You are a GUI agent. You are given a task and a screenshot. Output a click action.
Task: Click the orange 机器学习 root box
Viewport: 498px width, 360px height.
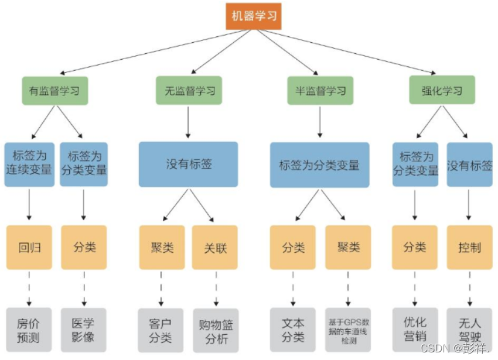pyautogui.click(x=254, y=16)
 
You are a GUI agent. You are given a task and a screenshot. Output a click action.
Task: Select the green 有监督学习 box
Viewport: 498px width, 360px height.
pyautogui.click(x=55, y=91)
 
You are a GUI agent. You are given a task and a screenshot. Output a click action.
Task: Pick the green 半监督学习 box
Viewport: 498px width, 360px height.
pyautogui.click(x=320, y=91)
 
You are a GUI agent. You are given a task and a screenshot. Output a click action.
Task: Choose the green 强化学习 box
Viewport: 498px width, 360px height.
pyautogui.click(x=442, y=91)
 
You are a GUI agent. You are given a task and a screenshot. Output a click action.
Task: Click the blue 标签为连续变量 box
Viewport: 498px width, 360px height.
pyautogui.click(x=29, y=164)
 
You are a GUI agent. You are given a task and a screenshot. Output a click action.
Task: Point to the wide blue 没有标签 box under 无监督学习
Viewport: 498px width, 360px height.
pyautogui.click(x=188, y=164)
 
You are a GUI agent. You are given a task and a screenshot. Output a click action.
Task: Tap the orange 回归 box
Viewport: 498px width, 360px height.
pyautogui.click(x=29, y=247)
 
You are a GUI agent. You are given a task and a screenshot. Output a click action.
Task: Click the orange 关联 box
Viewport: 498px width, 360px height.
pyautogui.click(x=215, y=247)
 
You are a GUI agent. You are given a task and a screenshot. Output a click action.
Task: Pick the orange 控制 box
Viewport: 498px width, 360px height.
pyautogui.click(x=469, y=247)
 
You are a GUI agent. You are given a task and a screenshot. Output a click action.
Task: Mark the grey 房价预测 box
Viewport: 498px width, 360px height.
pyautogui.click(x=29, y=330)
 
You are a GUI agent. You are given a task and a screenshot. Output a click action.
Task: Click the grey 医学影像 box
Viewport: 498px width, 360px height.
pyautogui.click(x=84, y=330)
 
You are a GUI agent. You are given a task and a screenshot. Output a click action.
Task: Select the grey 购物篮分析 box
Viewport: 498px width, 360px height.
pyautogui.click(x=215, y=330)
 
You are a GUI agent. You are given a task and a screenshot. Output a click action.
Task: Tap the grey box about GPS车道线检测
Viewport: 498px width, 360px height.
pyautogui.click(x=348, y=330)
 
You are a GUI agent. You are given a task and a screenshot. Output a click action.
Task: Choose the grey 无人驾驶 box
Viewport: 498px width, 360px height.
pyautogui.click(x=469, y=330)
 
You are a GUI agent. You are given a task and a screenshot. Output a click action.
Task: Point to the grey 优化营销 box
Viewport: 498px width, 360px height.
pyautogui.click(x=415, y=330)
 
